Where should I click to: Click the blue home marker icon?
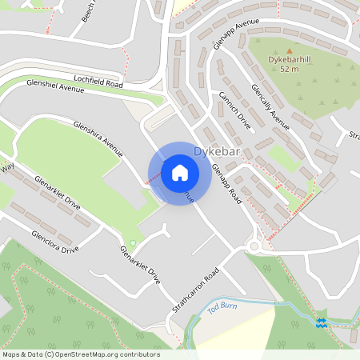[x=180, y=172]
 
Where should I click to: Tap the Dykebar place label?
[x=217, y=150]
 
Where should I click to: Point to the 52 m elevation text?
[x=290, y=69]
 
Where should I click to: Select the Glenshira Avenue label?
[x=98, y=136]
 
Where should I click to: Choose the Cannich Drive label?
[x=234, y=111]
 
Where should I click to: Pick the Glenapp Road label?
[x=226, y=184]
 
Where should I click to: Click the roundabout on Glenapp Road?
[x=254, y=246]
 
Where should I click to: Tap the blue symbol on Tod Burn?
[x=322, y=322]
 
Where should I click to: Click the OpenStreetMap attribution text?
[x=81, y=354]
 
